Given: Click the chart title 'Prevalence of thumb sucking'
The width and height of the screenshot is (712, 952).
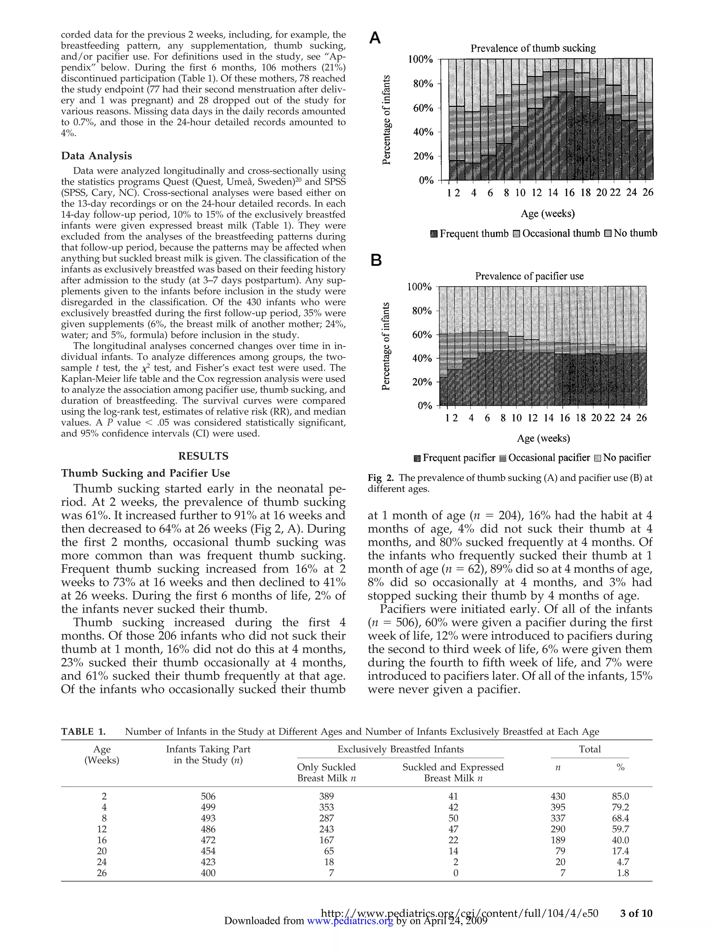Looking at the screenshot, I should point(533,48).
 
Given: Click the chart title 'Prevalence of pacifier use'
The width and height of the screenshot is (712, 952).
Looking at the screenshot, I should point(529,276).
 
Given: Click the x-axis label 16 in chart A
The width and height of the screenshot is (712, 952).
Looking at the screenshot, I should point(569,193).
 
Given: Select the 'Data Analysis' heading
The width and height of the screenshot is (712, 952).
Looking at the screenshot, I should point(97,156).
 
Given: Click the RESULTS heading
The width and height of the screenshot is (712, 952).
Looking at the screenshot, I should point(203,456).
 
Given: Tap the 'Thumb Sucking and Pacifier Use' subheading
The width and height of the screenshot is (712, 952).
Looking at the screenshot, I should point(145,473).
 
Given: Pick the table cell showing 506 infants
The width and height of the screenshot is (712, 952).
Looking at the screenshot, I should point(208,796).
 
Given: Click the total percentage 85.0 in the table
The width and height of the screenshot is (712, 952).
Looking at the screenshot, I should point(620,796).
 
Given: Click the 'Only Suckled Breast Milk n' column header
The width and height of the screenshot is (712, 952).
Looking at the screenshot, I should point(326,772).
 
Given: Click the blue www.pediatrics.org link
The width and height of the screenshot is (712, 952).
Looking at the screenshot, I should point(350,921).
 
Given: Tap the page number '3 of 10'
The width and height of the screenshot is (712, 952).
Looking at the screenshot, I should point(636,913).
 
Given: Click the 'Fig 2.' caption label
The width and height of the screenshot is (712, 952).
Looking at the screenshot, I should point(381,478).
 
